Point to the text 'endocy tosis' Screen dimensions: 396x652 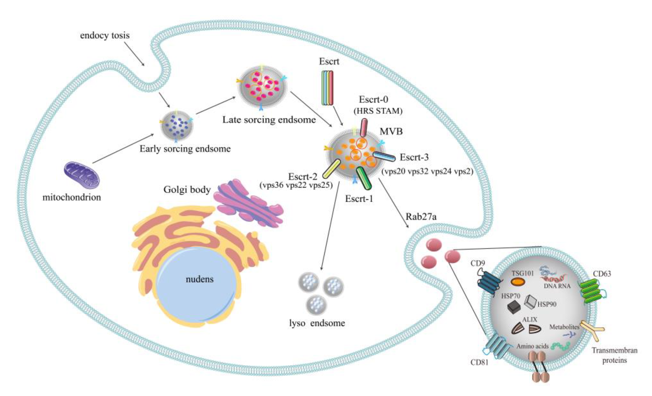(x=105, y=35)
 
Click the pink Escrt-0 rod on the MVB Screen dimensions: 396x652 (x=364, y=128)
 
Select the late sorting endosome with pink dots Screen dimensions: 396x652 (x=262, y=86)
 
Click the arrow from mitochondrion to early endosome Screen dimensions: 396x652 (x=123, y=149)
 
